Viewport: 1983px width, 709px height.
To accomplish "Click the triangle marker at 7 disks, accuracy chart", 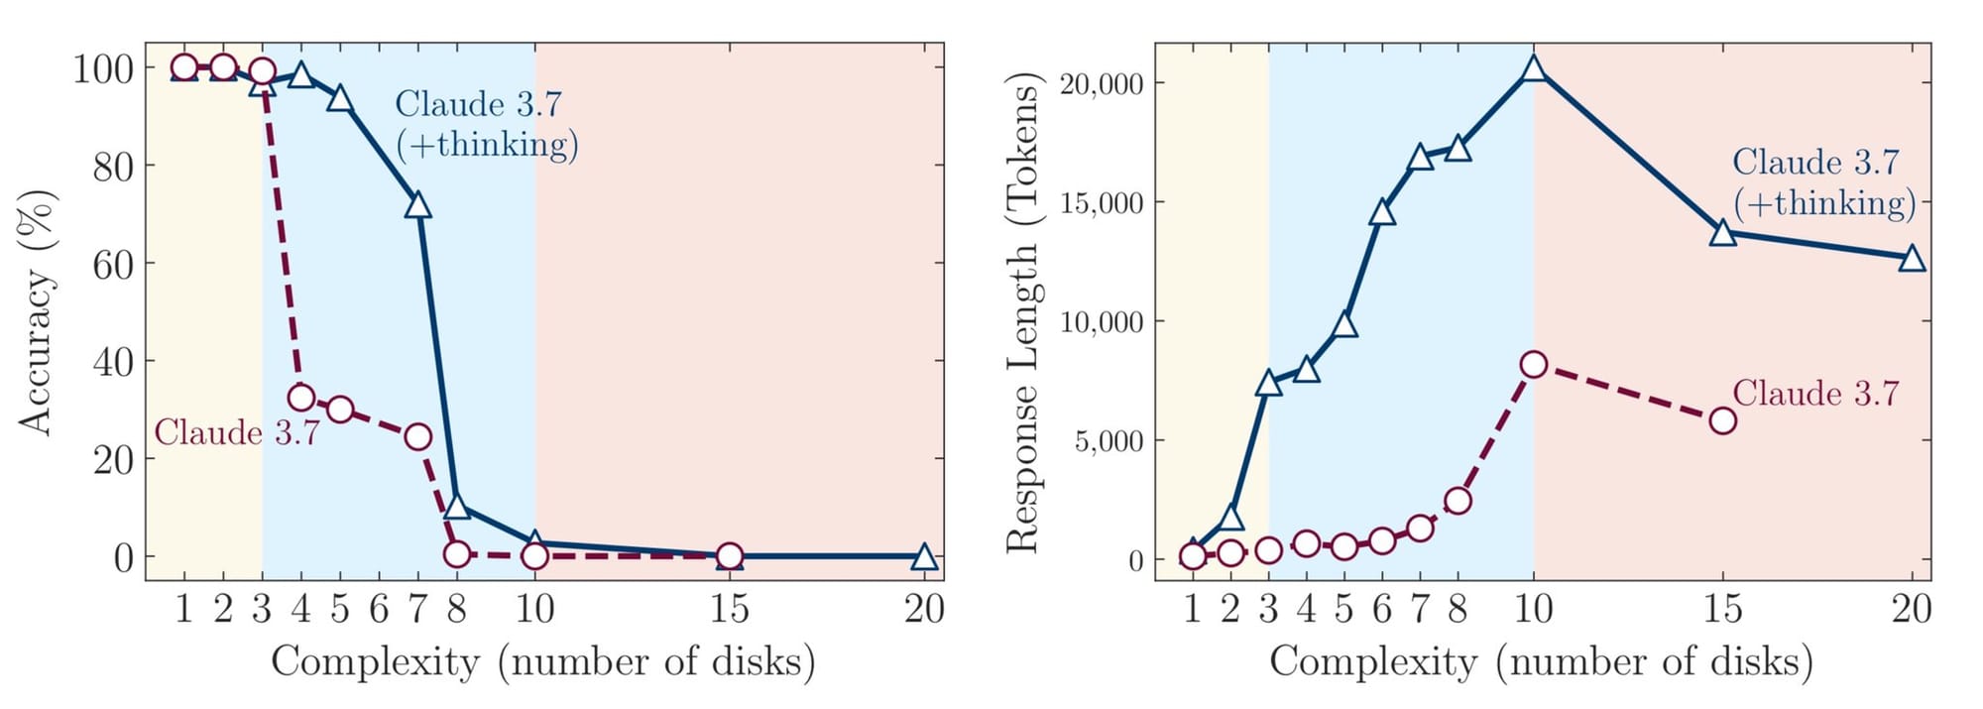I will pyautogui.click(x=417, y=205).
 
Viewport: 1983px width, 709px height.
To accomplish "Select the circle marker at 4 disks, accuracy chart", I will pyautogui.click(x=301, y=398).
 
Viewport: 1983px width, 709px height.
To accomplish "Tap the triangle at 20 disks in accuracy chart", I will pyautogui.click(x=923, y=556).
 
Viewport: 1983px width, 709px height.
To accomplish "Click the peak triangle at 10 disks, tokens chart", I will pyautogui.click(x=1534, y=68).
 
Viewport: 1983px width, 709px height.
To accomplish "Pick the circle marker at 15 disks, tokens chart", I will pyautogui.click(x=1723, y=420).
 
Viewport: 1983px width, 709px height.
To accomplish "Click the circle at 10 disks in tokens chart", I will pyautogui.click(x=1534, y=365).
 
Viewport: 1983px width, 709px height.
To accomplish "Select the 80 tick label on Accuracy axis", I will pyautogui.click(x=112, y=167).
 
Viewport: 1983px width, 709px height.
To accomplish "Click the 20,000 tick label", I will pyautogui.click(x=1101, y=84).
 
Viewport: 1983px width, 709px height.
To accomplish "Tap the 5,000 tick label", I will pyautogui.click(x=1108, y=441).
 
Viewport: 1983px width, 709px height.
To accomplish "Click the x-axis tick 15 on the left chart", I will pyautogui.click(x=729, y=608).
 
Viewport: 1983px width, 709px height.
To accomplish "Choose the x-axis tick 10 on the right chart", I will pyautogui.click(x=1534, y=608).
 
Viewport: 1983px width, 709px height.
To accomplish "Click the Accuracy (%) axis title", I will pyautogui.click(x=36, y=311).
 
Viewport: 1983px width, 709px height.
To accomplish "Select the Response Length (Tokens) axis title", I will pyautogui.click(x=1022, y=311).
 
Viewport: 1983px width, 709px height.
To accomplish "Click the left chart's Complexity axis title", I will pyautogui.click(x=543, y=661).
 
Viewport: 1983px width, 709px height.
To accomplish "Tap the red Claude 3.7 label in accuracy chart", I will pyautogui.click(x=236, y=433).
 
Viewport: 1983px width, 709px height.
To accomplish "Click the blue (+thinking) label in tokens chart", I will pyautogui.click(x=1824, y=203).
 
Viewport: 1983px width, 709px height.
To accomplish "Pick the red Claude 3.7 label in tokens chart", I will pyautogui.click(x=1815, y=394).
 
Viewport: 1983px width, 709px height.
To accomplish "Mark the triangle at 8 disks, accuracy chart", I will pyautogui.click(x=456, y=506).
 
